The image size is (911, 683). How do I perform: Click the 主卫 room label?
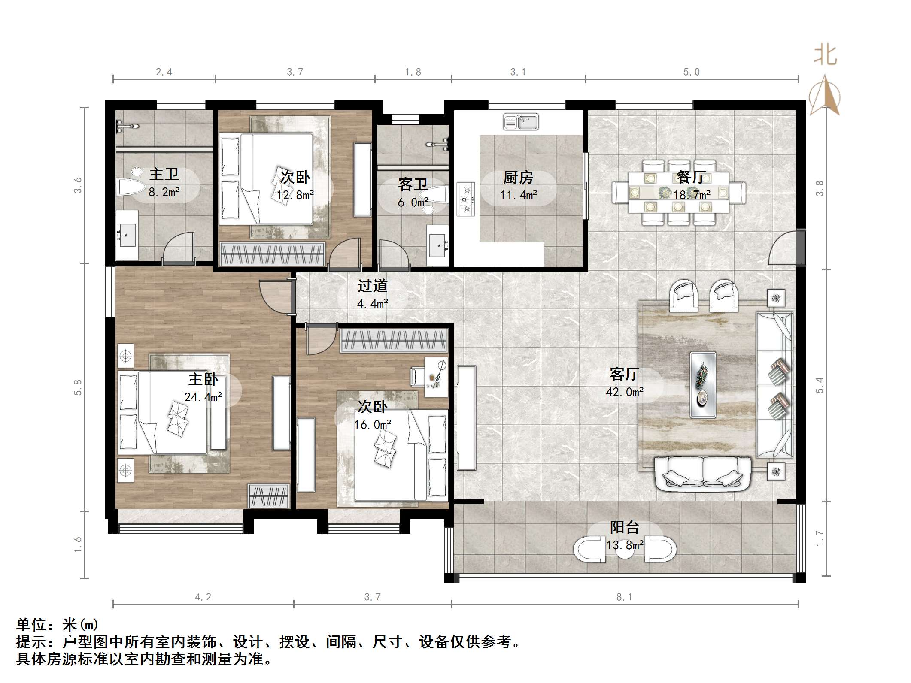[164, 175]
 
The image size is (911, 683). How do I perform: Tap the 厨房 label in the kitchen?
[518, 177]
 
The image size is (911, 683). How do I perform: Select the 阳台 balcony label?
[625, 527]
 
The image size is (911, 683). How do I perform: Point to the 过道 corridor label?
[373, 286]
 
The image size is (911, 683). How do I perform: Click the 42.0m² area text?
[625, 392]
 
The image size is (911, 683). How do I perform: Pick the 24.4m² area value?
[203, 397]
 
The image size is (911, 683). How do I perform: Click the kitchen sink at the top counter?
[521, 122]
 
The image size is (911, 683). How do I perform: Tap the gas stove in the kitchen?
[466, 199]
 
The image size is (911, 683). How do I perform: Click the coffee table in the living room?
[703, 385]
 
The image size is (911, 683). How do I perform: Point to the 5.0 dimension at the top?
[692, 72]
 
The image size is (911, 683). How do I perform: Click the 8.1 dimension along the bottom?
[624, 597]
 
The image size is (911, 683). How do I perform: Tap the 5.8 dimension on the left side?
[78, 387]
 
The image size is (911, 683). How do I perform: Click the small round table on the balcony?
[625, 550]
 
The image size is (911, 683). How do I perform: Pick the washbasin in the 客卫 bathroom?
[437, 245]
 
